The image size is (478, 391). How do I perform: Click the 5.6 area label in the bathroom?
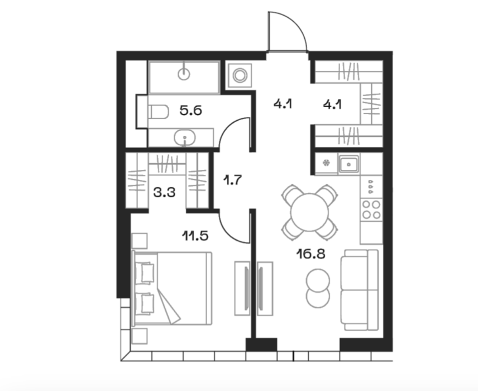191,111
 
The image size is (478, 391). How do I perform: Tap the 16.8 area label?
311,254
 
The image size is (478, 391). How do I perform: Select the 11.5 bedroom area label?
195,236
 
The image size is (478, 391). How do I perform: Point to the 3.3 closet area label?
164,193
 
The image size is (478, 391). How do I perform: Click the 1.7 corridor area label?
232,180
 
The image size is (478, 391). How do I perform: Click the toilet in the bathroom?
158,112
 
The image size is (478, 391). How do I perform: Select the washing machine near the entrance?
240,75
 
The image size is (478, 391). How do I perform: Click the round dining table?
309,212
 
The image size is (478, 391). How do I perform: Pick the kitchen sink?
348,164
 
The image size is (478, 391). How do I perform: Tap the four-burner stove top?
371,209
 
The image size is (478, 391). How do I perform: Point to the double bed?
171,288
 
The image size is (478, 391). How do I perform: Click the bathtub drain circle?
184,74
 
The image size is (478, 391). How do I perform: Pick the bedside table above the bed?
140,241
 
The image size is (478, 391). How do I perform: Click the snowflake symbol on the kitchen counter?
326,163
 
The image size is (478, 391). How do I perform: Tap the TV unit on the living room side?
265,289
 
